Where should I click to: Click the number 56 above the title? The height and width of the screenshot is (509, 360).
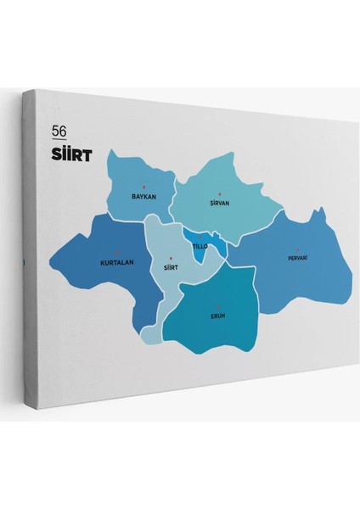tap(59, 131)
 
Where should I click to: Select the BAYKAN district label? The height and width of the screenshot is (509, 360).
tap(144, 196)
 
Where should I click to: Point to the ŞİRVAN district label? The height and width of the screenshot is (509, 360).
tap(220, 204)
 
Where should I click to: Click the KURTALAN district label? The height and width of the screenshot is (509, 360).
tap(117, 262)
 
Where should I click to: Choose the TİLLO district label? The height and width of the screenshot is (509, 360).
tap(200, 246)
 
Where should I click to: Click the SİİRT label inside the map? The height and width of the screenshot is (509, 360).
tap(171, 266)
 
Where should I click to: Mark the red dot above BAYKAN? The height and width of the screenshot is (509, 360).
tap(144, 186)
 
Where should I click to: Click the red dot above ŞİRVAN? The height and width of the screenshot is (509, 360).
tap(219, 194)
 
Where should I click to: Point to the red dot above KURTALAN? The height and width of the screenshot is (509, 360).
tap(116, 252)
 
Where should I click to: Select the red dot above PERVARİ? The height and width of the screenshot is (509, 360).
tap(297, 249)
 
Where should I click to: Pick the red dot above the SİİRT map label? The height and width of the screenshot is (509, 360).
tap(171, 257)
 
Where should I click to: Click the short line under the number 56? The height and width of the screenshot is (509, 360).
tap(59, 140)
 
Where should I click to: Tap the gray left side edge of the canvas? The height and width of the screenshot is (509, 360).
tap(28, 255)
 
